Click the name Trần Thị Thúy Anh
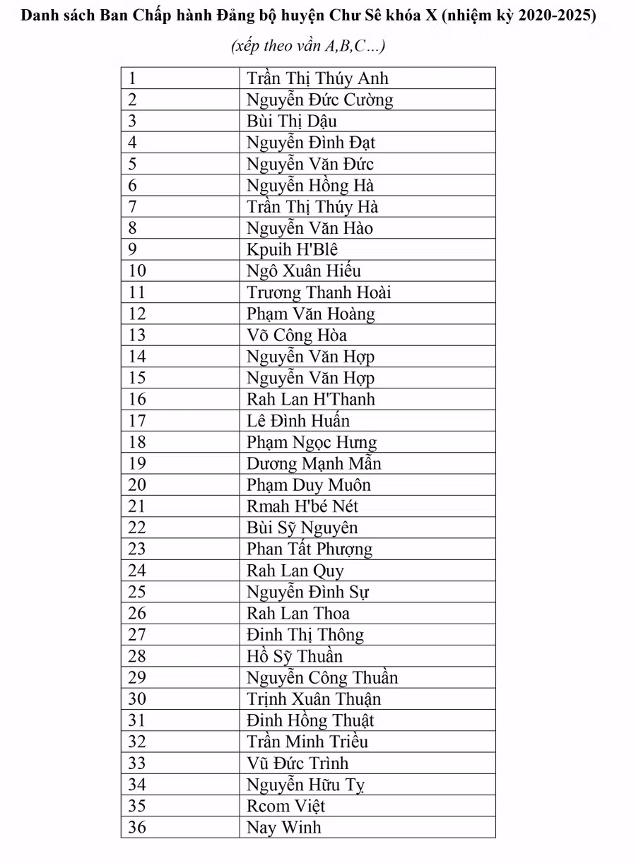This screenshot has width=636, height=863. point(317,78)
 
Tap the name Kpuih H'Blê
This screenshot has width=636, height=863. point(292,250)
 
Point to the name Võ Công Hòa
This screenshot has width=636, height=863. point(297,335)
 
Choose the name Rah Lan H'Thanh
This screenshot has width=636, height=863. point(310,400)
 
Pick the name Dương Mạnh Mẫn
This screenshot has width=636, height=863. point(314,464)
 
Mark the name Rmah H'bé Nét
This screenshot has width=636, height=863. point(302,506)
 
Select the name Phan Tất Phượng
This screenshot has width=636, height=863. point(309,549)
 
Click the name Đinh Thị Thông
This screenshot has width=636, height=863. point(305,635)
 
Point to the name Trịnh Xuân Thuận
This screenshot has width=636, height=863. point(314,699)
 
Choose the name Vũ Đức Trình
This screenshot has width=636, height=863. point(298,763)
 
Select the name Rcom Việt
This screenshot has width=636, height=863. point(285,806)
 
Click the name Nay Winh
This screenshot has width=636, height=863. point(283,828)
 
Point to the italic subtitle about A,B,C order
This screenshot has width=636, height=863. point(308,47)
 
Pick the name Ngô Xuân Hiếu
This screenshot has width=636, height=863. point(304,271)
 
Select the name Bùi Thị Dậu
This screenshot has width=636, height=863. point(292,121)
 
